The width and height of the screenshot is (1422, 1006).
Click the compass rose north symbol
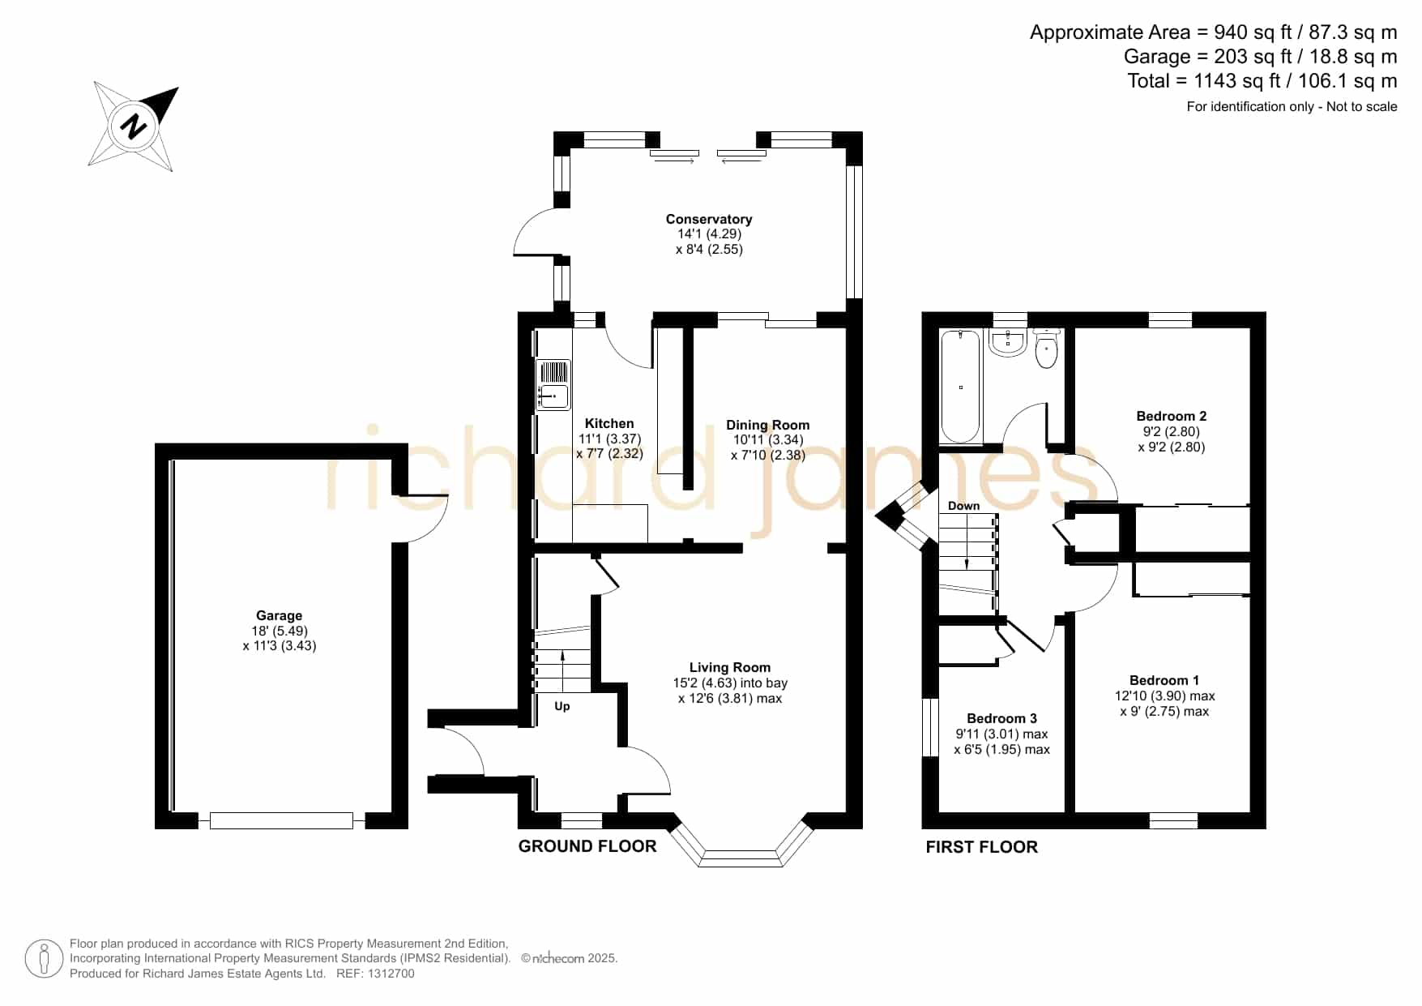click(134, 126)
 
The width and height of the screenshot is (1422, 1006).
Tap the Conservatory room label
click(709, 219)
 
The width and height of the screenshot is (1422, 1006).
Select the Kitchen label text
click(609, 423)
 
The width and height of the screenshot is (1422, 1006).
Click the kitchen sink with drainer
click(554, 385)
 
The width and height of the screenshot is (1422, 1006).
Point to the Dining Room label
click(767, 425)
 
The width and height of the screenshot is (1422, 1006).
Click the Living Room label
click(730, 667)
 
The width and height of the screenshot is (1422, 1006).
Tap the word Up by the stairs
click(562, 706)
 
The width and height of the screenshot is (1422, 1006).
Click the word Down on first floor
click(963, 506)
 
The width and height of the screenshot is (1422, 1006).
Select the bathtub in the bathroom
click(961, 386)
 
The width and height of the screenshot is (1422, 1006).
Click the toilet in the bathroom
click(1047, 349)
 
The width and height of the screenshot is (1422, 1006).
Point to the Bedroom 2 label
click(1172, 416)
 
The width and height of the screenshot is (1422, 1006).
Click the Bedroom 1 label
click(1164, 680)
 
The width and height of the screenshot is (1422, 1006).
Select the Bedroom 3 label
click(1001, 718)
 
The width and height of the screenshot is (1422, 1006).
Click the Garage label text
click(279, 615)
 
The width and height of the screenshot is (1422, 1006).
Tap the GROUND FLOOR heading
click(587, 846)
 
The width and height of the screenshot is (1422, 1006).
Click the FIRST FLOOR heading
click(982, 847)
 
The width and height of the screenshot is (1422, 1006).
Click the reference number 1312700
click(392, 974)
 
